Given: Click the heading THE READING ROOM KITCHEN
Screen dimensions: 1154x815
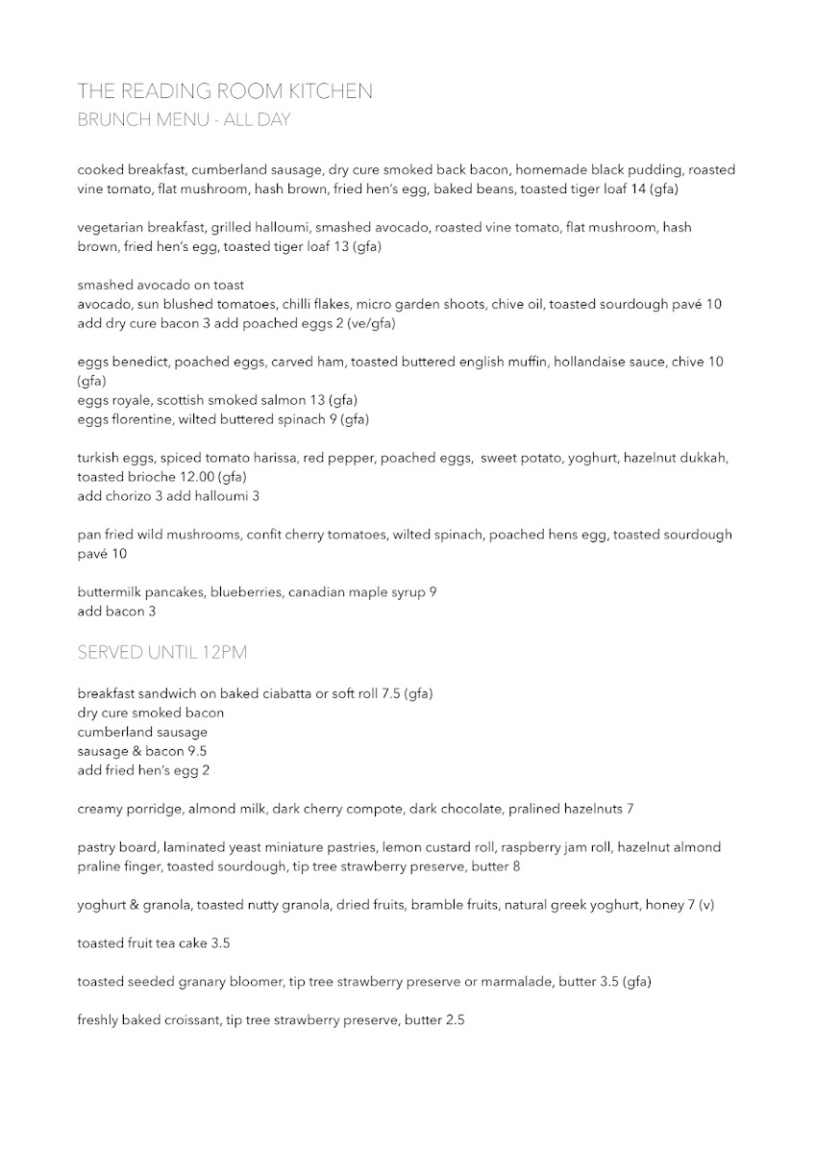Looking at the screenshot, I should coord(225,91).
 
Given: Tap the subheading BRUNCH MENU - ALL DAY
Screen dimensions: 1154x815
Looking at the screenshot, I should coord(184,120).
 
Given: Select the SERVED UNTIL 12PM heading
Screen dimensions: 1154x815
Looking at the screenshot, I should coord(162,653).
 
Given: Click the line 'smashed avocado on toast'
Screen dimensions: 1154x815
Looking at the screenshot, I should coord(161,286).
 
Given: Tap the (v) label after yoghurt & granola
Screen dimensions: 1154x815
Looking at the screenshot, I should coord(706,905).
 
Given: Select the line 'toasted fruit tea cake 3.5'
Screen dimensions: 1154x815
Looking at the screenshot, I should coord(154,943).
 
